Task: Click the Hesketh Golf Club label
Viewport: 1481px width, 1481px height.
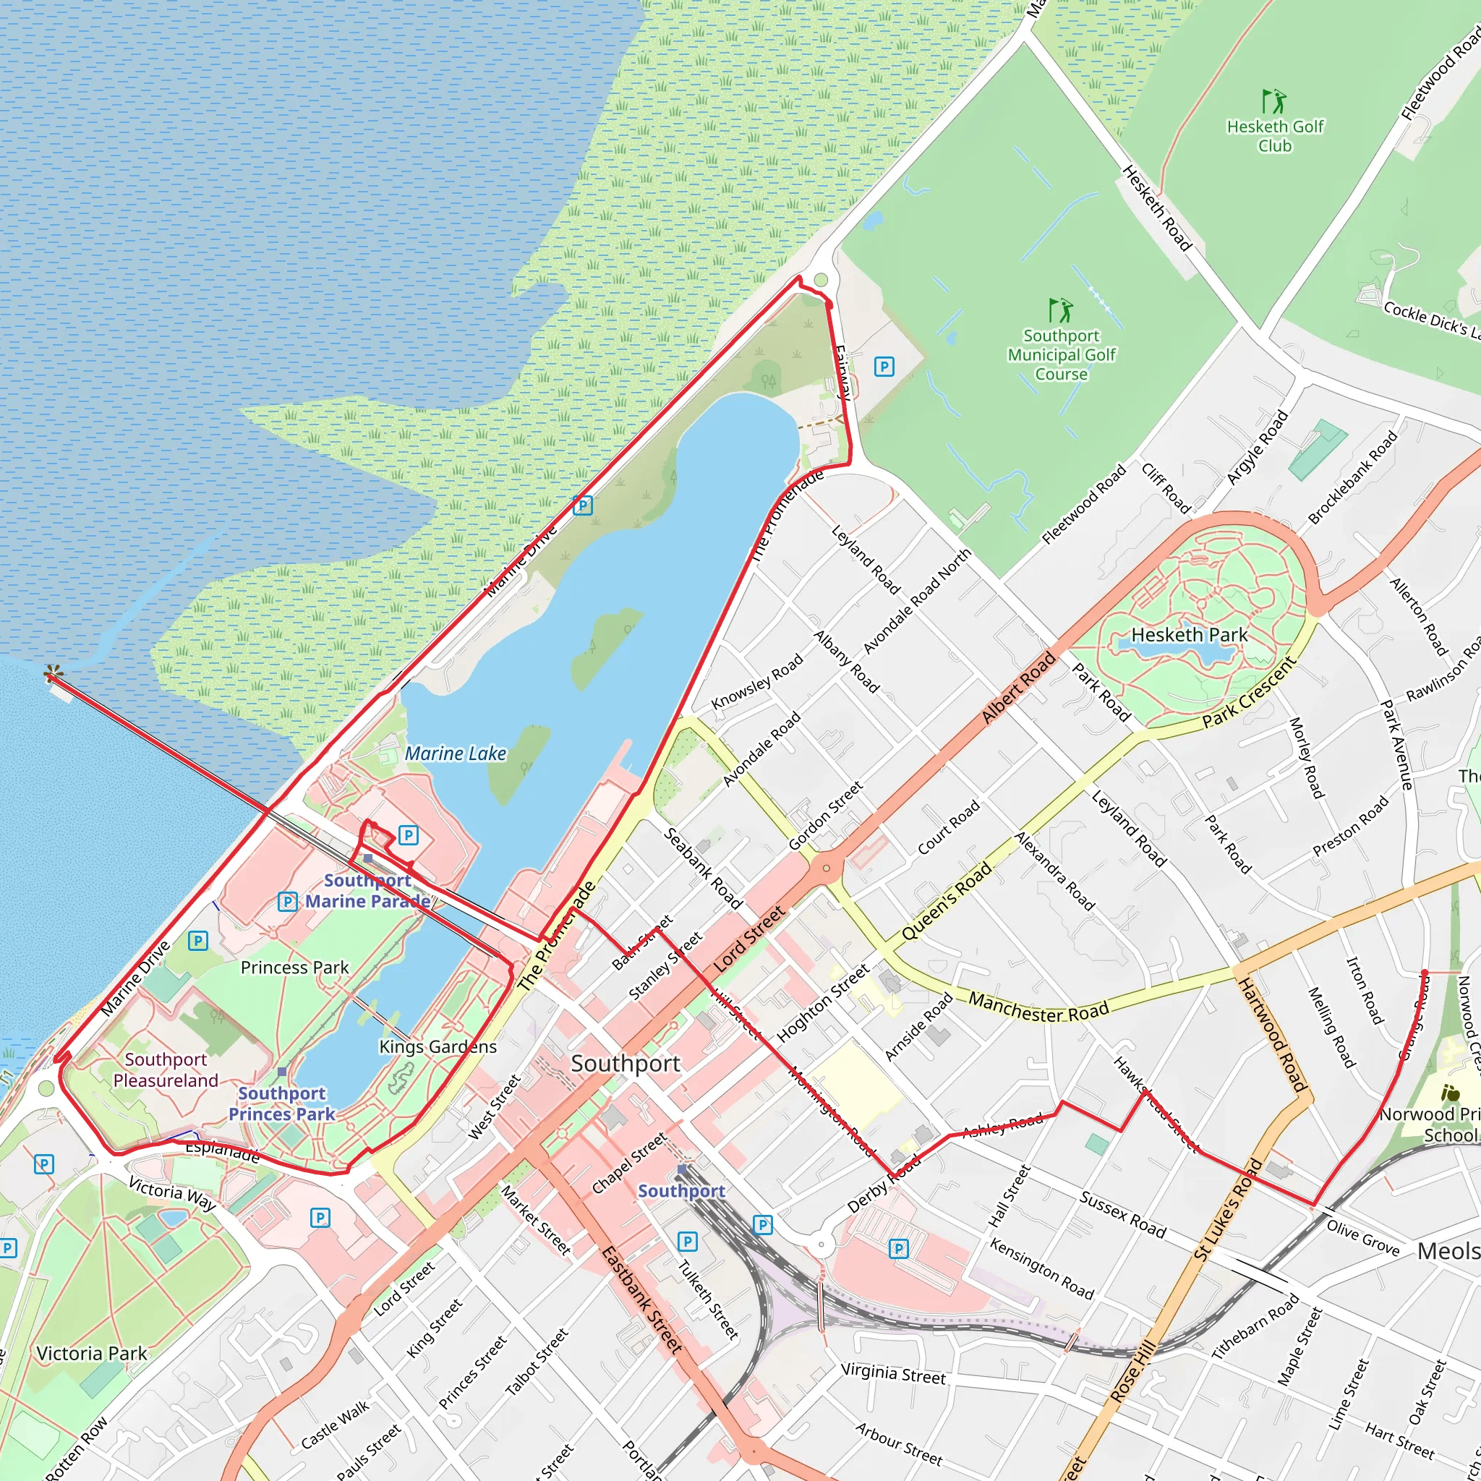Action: coord(1275,136)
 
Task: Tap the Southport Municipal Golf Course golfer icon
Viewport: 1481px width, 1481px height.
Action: coord(1061,310)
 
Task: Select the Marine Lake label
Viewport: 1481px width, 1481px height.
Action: coord(456,754)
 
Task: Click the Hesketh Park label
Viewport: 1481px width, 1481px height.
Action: coord(1189,635)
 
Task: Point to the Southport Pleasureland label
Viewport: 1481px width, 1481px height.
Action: coord(166,1070)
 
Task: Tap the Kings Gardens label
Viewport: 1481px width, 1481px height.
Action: coord(438,1047)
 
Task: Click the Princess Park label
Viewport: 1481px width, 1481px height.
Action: coord(294,968)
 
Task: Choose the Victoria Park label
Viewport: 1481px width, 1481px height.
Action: coord(92,1354)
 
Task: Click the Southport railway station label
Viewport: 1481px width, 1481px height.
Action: coord(681,1191)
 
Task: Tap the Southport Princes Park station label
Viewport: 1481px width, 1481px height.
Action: coord(281,1103)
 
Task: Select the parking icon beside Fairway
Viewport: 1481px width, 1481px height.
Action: coord(884,367)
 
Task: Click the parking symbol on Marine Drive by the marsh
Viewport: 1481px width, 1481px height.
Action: coord(583,505)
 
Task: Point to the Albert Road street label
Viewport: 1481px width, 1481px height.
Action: coord(1019,687)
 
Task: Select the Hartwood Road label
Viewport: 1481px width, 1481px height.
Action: coord(1272,1034)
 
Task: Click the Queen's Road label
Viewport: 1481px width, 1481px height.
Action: coord(946,902)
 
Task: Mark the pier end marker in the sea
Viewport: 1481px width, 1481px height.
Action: coord(51,674)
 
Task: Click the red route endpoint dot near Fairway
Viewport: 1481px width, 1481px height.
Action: coord(829,305)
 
